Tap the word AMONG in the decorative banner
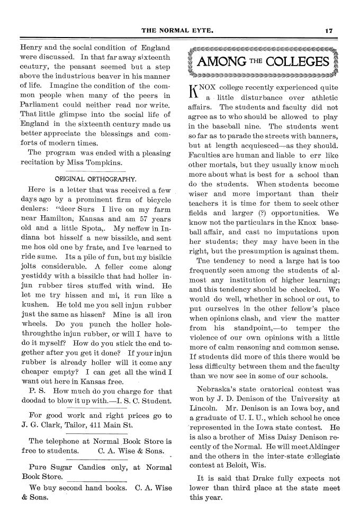click(x=221, y=62)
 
